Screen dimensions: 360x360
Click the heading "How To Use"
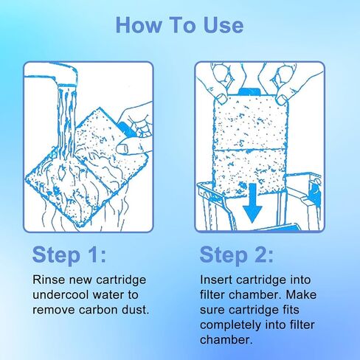click(179, 25)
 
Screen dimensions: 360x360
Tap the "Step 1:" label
click(69, 255)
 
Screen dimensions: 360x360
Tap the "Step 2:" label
click(236, 255)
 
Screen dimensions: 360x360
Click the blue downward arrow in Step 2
click(252, 203)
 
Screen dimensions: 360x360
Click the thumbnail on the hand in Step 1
click(122, 148)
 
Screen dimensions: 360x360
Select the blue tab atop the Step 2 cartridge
click(249, 91)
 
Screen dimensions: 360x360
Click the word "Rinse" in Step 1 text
click(49, 280)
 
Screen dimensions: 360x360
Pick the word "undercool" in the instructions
click(60, 294)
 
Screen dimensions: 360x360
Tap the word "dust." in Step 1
click(136, 310)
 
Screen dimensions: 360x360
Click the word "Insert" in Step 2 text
click(216, 280)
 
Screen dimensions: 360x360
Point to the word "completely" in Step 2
click(230, 325)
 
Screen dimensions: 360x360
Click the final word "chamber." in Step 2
click(226, 340)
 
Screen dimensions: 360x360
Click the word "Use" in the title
click(224, 25)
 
